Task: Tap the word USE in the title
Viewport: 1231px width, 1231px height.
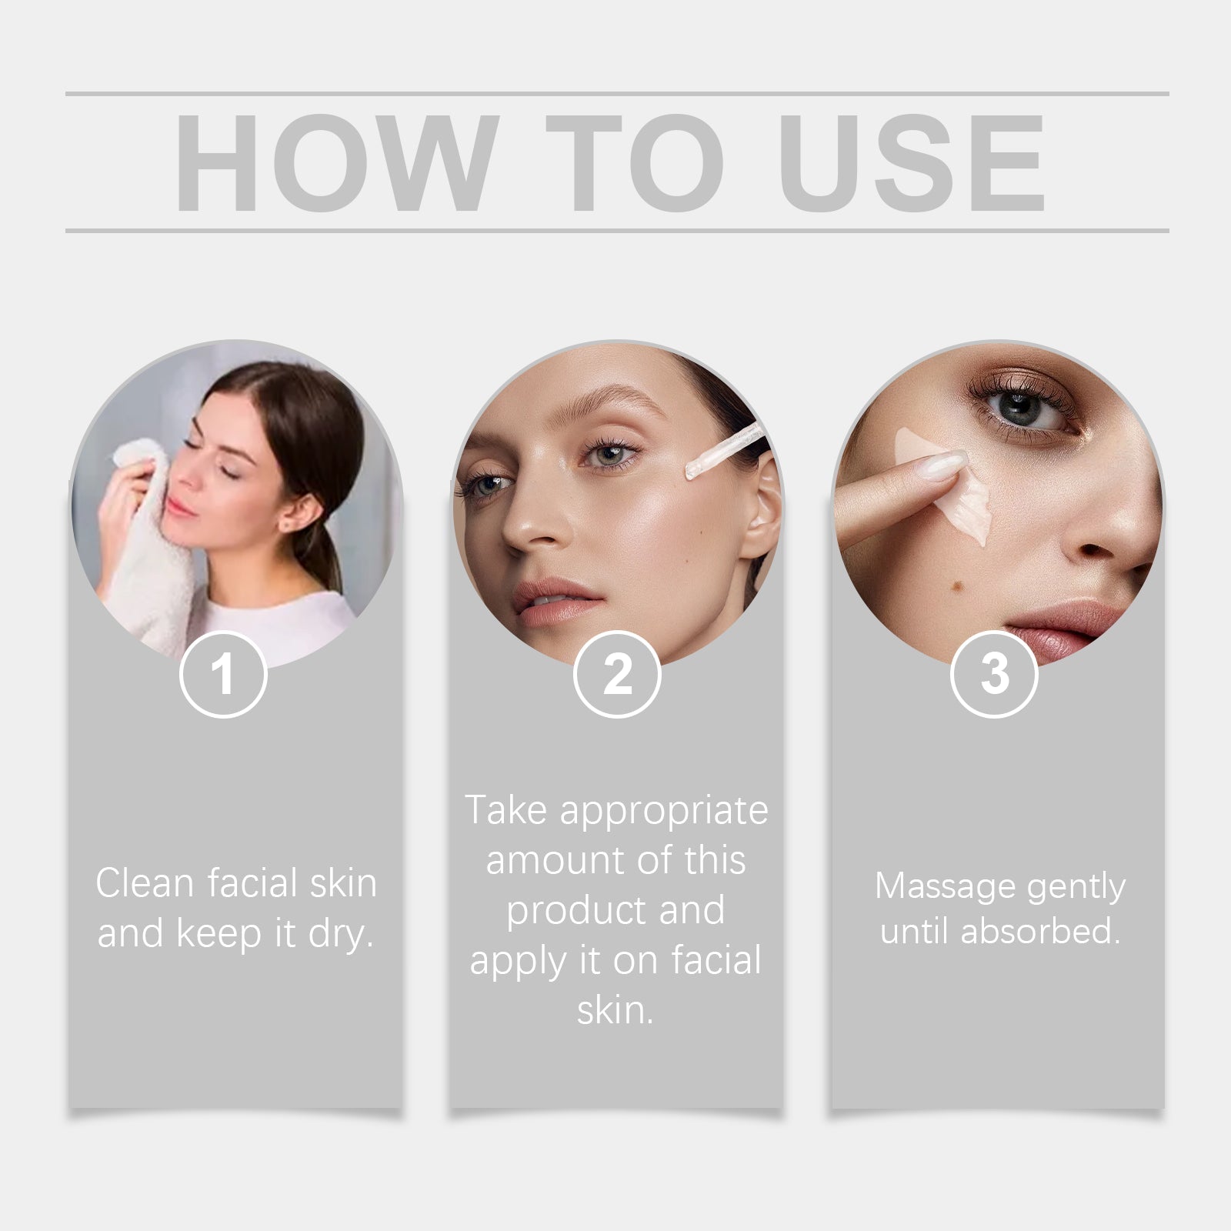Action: tap(912, 163)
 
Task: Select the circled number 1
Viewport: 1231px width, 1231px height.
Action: tap(223, 675)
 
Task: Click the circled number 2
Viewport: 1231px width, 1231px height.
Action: tap(617, 675)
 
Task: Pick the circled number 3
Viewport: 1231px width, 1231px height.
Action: tap(994, 675)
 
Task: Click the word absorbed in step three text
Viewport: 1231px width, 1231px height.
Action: tap(1039, 931)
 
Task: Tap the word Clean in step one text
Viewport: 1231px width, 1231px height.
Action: tap(143, 883)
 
